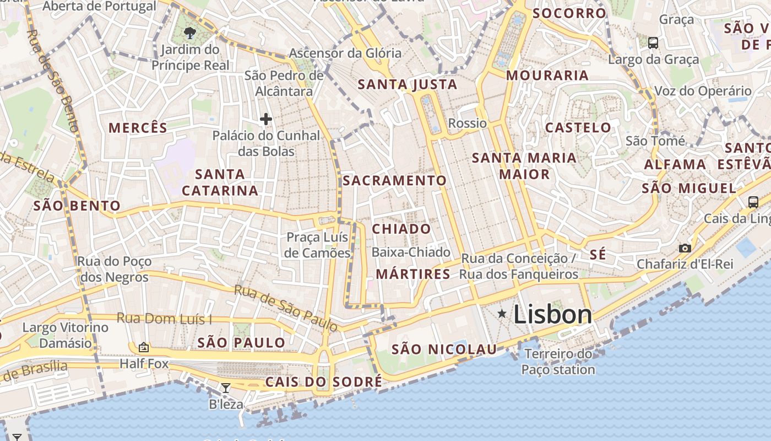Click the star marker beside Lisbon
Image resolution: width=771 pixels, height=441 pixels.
coord(502,314)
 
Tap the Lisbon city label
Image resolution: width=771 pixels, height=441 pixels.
coord(552,315)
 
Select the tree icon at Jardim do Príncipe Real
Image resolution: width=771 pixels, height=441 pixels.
coord(190,33)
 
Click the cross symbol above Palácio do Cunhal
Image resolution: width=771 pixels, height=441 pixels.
coord(266,119)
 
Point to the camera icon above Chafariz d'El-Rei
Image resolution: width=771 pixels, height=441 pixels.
coord(685,248)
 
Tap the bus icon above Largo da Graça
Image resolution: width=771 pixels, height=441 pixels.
coord(653,42)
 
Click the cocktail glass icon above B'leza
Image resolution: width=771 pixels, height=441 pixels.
coord(226,388)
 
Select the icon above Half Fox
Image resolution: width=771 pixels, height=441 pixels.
coord(144,347)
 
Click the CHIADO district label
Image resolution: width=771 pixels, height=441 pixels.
coord(401,229)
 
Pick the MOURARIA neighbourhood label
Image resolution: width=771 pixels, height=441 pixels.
coord(547,76)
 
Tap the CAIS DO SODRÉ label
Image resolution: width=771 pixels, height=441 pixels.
coord(323,382)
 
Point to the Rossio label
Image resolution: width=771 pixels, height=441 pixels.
coord(468,123)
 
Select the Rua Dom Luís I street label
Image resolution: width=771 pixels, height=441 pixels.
coord(164,319)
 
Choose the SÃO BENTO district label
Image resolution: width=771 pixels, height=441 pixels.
coord(77,206)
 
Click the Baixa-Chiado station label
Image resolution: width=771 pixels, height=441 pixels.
coord(411,252)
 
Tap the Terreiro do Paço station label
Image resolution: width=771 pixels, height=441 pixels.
coord(558,362)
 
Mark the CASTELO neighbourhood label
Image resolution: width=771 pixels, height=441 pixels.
coord(578,127)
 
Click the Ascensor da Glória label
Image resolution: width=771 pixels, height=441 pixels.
coord(345,53)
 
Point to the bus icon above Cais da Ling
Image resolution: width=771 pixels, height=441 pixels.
coord(753,202)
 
